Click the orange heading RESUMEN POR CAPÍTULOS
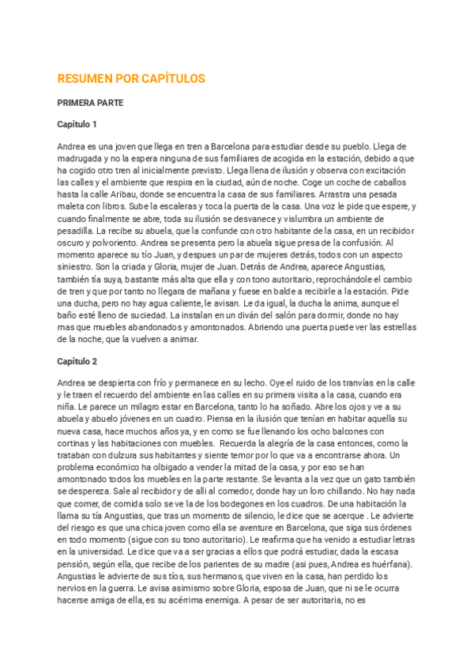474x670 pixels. [131, 79]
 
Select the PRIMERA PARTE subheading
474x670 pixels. [90, 103]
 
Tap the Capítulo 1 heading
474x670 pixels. [77, 125]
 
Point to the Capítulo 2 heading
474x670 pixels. [77, 361]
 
